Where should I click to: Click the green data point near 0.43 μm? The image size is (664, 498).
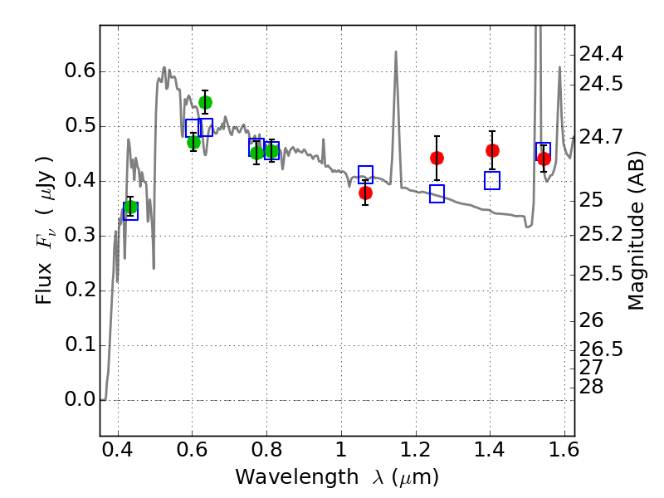131,207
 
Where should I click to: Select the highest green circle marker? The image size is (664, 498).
205,102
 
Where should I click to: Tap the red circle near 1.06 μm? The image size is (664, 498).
365,193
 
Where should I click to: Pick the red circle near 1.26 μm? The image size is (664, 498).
437,159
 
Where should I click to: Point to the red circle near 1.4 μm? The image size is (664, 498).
492,150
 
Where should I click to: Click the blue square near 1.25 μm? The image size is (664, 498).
437,193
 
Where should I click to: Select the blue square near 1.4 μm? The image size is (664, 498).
492,180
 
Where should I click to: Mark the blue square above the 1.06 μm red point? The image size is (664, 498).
365,174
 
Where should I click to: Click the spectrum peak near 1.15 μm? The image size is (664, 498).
396,51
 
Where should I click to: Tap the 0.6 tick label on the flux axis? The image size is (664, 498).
80,71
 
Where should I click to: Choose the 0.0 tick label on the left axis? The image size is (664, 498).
80,399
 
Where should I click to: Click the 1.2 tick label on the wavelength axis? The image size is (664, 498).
416,450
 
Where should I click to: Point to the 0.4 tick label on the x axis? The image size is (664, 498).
117,450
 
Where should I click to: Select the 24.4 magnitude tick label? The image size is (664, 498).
601,54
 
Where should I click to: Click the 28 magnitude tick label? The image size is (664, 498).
591,387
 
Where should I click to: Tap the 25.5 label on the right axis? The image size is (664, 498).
601,275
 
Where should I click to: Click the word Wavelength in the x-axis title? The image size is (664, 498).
297,477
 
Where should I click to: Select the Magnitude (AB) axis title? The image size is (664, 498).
635,231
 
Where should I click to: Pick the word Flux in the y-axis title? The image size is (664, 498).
43,283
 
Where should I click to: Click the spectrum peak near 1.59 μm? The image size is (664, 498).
559,67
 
